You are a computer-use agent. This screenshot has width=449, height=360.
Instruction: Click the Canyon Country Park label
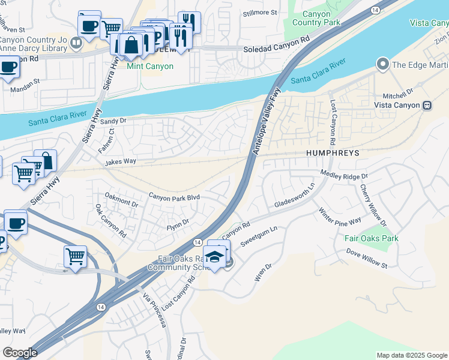point(311,18)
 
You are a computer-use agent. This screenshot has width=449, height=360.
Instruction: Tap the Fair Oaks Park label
point(371,238)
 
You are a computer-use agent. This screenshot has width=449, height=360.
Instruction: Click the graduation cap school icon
point(214,256)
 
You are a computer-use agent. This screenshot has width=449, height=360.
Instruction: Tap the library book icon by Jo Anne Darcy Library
point(76,43)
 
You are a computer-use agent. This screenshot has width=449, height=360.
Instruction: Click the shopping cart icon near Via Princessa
point(75,256)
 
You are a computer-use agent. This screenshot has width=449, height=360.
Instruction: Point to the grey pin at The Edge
point(382,64)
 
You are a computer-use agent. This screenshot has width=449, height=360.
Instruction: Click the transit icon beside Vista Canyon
point(427,105)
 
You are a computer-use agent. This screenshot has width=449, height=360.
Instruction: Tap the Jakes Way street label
point(120,162)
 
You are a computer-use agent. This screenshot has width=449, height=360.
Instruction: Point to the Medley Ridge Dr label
point(344,175)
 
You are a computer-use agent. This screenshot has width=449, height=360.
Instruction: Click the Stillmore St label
point(259,12)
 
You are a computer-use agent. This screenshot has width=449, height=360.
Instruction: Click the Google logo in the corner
point(20,353)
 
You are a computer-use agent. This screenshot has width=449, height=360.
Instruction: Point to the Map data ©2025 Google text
point(411,355)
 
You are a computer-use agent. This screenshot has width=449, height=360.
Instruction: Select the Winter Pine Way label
point(340,215)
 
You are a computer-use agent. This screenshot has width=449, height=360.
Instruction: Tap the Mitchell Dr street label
point(399,95)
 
